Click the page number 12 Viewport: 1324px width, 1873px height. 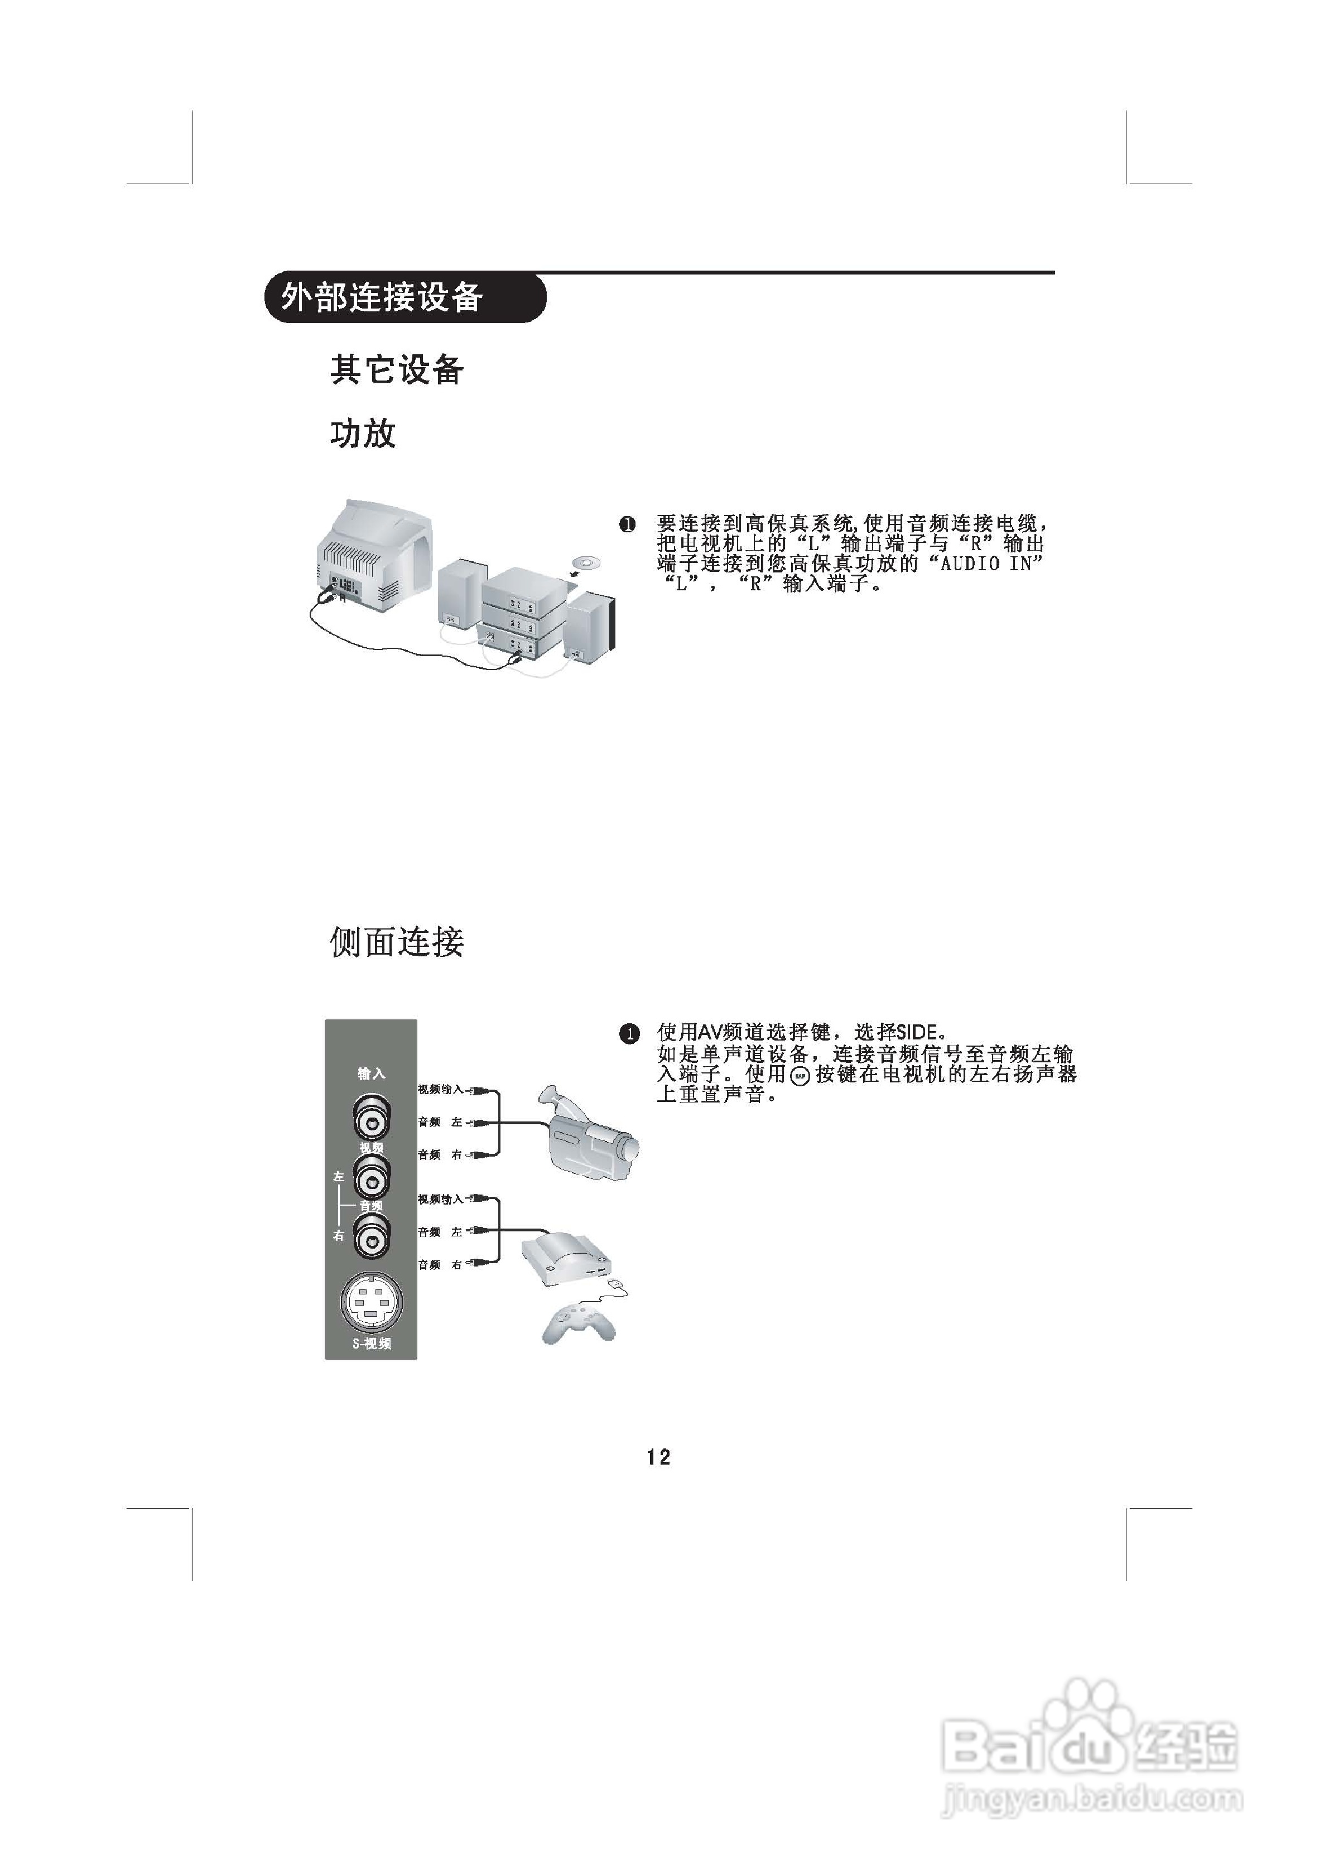point(658,1457)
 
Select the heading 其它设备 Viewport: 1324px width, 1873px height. point(397,369)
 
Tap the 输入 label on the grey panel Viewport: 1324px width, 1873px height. point(371,1073)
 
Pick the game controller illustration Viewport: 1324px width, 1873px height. point(577,1326)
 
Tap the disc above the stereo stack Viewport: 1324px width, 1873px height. point(585,563)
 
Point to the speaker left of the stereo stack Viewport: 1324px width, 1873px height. point(459,595)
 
